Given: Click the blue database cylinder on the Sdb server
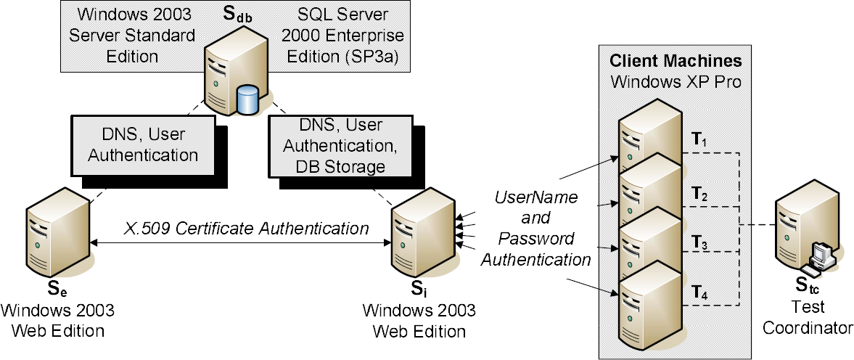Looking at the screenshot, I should [248, 99].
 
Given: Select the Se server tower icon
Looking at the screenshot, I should [58, 232].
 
